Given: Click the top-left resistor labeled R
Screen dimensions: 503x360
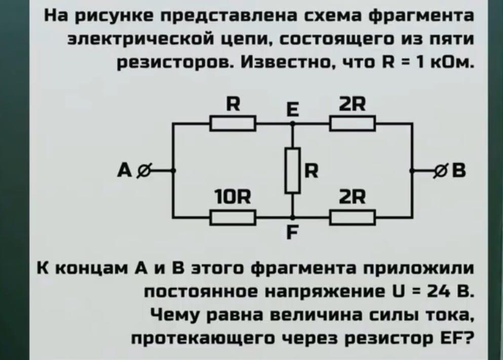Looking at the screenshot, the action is coord(233,124).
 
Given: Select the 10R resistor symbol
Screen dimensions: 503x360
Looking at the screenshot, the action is coord(233,218).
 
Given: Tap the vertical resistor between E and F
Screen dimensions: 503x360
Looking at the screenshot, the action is coord(293,170).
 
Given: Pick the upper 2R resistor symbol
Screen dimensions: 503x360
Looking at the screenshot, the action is coord(353,124).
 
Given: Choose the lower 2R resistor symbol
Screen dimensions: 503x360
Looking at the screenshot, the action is coord(353,218).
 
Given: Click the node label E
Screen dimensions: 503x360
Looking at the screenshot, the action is coord(291,110).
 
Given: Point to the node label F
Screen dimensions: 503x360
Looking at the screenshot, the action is coord(291,232).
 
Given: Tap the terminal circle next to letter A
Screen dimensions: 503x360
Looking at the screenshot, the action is coord(143,171).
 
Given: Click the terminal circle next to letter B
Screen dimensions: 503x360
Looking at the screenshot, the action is coord(441,170).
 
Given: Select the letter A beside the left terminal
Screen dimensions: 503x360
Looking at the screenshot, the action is coord(125,170).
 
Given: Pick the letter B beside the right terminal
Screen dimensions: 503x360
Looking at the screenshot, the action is coord(458,170).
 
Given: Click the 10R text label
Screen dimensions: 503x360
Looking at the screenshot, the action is coord(233,197).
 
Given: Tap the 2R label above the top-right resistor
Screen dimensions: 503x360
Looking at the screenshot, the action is coord(352,104).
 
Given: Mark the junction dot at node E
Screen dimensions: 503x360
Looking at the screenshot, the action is coord(293,124).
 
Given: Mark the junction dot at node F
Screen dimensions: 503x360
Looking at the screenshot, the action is coord(293,218).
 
